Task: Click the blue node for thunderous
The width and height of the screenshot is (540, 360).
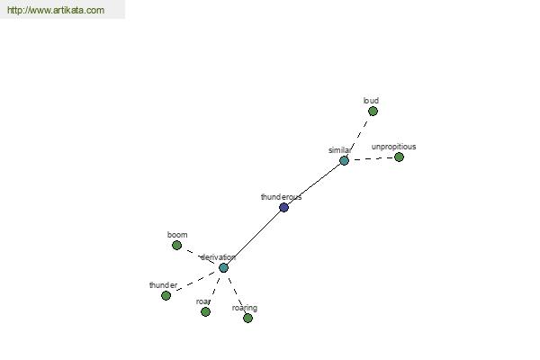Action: (x=283, y=207)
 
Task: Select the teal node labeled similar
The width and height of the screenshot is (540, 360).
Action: (x=344, y=160)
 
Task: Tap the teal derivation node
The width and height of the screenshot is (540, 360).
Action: (x=223, y=267)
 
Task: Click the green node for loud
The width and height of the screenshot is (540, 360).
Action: (x=373, y=112)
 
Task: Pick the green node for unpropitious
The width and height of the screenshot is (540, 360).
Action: (x=399, y=157)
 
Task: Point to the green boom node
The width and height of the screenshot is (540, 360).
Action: (x=176, y=246)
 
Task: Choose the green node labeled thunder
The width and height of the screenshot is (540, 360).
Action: (x=166, y=295)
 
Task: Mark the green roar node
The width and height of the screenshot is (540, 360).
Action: (x=205, y=311)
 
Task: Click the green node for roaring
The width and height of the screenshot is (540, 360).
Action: (x=248, y=318)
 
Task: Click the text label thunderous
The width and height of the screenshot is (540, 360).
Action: (x=282, y=197)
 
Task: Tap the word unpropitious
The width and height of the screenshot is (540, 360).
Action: (x=393, y=147)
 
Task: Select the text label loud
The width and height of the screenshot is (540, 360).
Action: (x=371, y=101)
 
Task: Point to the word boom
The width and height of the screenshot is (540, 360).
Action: (x=177, y=235)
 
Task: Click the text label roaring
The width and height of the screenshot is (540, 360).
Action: (x=245, y=308)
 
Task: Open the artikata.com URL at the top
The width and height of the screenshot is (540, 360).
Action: (x=56, y=10)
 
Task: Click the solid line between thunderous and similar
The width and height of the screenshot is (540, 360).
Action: (x=314, y=184)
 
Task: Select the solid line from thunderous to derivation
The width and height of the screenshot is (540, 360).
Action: (x=254, y=238)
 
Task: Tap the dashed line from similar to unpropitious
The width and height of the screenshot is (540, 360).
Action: (x=372, y=158)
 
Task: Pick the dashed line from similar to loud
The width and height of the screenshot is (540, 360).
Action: (x=358, y=136)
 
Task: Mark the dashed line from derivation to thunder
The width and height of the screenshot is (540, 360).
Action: (x=194, y=282)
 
